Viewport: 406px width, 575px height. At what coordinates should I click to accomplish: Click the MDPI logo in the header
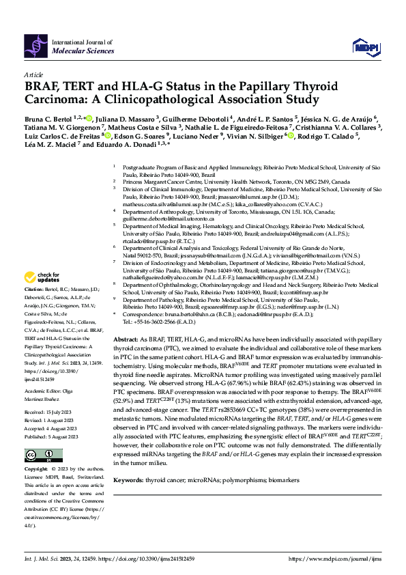[364, 46]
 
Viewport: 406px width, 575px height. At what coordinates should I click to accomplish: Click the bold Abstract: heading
[126, 339]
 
